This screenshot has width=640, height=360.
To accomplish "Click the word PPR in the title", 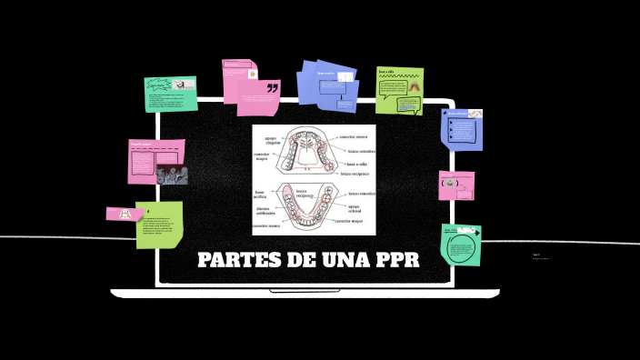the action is click(396, 261).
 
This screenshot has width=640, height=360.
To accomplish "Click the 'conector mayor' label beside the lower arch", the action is click(348, 221).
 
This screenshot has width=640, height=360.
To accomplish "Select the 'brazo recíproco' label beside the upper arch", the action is click(355, 173).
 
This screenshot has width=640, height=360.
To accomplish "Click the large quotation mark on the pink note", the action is click(272, 87).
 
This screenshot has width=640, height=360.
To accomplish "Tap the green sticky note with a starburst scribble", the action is click(171, 94).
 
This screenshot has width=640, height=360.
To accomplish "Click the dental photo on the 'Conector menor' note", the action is click(171, 175).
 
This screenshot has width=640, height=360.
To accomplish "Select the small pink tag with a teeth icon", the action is click(120, 215).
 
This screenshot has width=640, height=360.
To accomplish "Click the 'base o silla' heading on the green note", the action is click(386, 72).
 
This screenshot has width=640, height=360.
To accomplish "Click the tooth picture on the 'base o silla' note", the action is click(411, 86).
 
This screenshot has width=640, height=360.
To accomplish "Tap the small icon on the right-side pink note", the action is click(447, 184).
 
